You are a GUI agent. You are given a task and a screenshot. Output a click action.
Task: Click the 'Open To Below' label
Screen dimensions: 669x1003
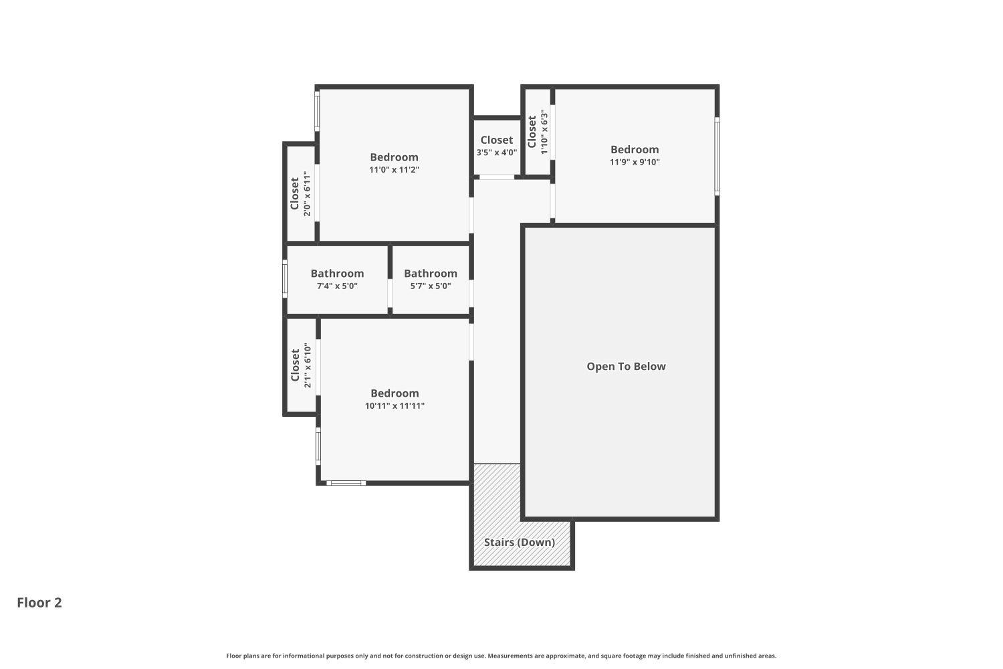(626, 366)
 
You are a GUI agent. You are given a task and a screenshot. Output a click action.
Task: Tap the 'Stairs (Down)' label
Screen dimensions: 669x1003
(520, 542)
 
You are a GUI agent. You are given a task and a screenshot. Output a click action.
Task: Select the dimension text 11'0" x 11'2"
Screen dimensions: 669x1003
(394, 170)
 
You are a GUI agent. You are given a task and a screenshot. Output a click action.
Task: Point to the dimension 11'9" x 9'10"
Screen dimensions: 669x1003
(635, 162)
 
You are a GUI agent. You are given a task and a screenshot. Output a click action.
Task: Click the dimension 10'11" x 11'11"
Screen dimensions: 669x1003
(395, 405)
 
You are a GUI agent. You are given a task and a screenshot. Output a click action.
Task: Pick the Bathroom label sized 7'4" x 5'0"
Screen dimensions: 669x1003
(337, 273)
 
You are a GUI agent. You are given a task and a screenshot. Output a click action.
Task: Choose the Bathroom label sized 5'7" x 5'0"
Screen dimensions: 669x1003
(431, 273)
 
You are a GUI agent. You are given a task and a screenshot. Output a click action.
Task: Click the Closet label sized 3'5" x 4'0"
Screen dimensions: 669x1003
(496, 140)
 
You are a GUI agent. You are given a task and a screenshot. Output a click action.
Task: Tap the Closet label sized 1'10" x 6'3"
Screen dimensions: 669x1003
(532, 132)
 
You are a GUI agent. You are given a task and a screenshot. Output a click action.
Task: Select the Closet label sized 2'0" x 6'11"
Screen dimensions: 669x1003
(294, 193)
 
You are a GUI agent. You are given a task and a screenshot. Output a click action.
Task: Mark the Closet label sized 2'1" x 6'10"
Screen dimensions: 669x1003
(295, 365)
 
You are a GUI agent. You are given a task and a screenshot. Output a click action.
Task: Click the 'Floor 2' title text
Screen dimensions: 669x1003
(39, 602)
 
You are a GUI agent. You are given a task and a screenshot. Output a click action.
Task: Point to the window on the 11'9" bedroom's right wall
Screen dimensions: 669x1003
(717, 157)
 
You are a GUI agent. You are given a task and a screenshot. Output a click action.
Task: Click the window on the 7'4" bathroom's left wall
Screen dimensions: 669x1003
(285, 280)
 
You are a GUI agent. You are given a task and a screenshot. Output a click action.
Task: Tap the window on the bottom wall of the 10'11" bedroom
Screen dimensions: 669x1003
(346, 482)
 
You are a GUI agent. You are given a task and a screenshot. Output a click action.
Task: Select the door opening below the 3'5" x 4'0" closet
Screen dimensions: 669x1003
(497, 177)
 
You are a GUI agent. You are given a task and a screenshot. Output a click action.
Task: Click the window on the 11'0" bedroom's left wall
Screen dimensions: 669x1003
(317, 110)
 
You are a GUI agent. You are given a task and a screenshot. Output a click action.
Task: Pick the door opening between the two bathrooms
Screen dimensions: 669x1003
(390, 293)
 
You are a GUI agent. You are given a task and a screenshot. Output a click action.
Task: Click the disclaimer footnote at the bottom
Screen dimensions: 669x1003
(501, 656)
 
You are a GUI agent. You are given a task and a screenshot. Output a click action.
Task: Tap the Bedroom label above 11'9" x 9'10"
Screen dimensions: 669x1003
(635, 149)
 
